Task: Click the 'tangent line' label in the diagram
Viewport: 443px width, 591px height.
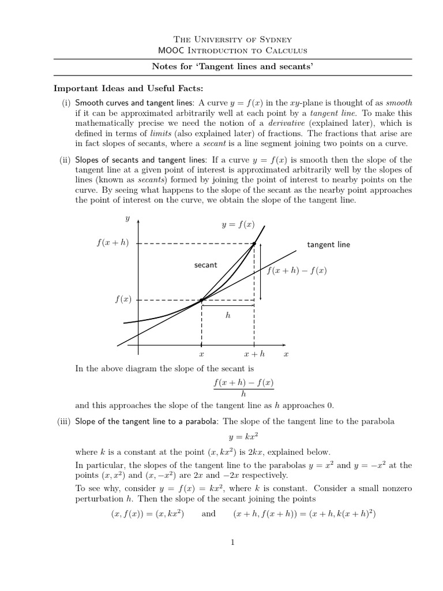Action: (x=328, y=245)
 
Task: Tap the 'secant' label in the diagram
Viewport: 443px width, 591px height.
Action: (x=206, y=265)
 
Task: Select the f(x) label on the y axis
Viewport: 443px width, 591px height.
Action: (x=123, y=300)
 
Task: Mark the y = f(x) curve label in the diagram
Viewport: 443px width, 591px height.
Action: (x=238, y=225)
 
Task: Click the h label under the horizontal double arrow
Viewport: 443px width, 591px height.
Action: (x=228, y=316)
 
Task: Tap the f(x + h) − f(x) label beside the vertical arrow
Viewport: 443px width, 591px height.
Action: (x=296, y=270)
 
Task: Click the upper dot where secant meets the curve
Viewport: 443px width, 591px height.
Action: (x=254, y=244)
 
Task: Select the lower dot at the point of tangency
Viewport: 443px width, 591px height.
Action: (x=201, y=300)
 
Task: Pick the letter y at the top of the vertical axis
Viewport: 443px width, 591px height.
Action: (x=127, y=218)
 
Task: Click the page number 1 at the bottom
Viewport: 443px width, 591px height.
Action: (x=232, y=542)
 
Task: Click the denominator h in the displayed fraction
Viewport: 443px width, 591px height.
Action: (x=243, y=394)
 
